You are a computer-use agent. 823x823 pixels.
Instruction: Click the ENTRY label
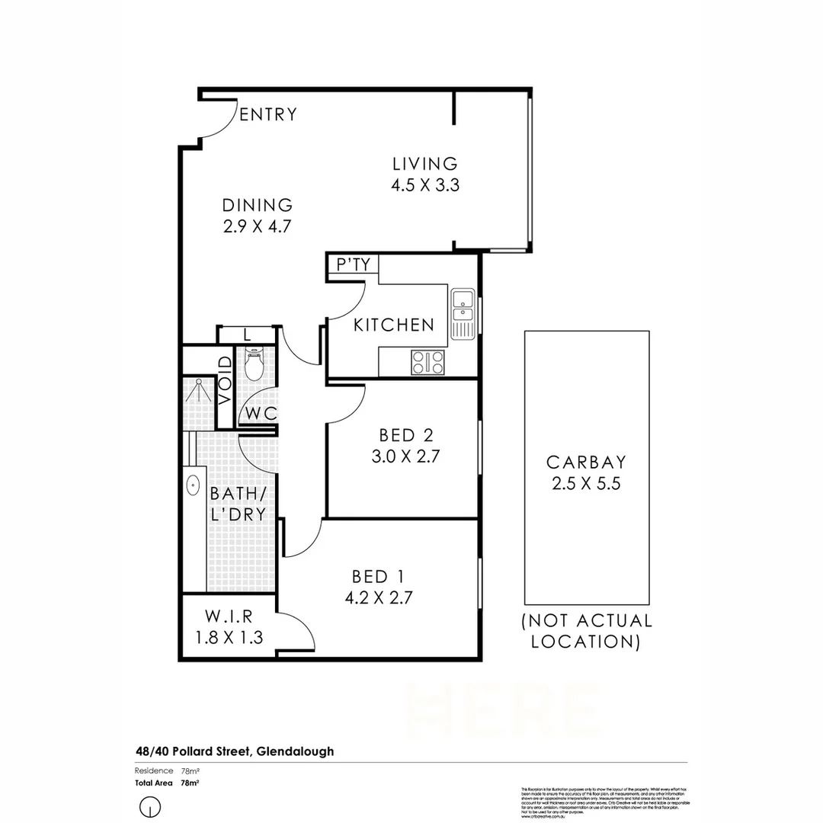tap(268, 115)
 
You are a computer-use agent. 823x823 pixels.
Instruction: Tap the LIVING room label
tap(424, 164)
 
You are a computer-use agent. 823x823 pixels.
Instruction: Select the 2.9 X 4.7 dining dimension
tap(258, 226)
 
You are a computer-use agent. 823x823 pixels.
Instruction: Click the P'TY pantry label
tap(353, 264)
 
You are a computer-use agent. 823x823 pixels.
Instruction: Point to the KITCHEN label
tap(394, 325)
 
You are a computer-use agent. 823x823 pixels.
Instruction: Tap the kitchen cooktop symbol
tap(428, 361)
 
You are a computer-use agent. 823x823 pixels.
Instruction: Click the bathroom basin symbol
tap(193, 483)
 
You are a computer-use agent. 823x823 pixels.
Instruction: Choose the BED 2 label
tap(406, 436)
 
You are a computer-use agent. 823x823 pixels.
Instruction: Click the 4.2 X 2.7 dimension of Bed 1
tap(378, 598)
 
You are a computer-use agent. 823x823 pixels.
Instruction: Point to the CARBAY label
tap(586, 462)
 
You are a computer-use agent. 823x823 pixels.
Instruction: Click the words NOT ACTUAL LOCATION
tap(586, 631)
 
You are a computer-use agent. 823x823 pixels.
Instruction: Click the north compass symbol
tap(151, 806)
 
